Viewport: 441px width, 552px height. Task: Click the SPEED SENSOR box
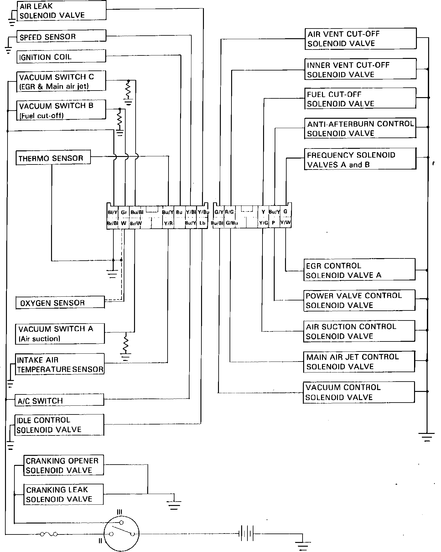61,36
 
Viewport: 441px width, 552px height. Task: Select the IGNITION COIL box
61,57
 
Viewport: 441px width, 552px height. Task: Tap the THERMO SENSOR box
53,158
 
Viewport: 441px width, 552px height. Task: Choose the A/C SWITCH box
60,400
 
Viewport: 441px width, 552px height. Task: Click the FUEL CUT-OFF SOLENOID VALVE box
360,99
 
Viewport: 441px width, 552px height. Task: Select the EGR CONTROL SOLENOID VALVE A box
360,270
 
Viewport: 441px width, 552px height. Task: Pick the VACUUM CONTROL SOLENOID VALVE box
359,392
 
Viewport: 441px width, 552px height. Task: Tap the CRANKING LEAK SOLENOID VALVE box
64,494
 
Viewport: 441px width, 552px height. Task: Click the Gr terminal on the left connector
124,212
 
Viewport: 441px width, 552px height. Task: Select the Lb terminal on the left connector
202,223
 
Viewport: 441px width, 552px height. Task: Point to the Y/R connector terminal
168,223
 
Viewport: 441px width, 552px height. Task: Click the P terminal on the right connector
273,223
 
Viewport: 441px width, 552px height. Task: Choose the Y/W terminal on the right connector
285,222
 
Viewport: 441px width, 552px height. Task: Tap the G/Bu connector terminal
232,223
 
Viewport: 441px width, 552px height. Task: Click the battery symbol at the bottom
246,534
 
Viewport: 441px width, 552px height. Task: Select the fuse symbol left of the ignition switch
49,534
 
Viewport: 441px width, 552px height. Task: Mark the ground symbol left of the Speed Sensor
8,50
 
